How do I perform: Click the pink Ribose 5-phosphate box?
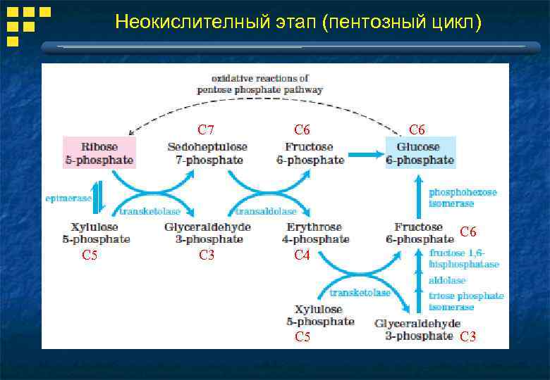99,153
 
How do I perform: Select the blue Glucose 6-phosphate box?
420,153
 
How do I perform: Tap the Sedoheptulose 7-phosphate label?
207,153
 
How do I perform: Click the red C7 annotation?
206,129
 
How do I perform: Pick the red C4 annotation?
302,256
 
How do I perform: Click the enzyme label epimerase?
68,198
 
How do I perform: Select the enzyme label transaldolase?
266,211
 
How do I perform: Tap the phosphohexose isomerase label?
462,198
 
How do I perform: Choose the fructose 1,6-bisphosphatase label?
464,258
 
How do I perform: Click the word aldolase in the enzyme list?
447,280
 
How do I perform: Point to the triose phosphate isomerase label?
466,301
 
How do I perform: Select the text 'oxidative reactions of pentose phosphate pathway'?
259,84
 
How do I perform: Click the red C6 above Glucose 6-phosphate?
417,129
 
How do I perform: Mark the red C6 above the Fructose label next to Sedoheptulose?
302,129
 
